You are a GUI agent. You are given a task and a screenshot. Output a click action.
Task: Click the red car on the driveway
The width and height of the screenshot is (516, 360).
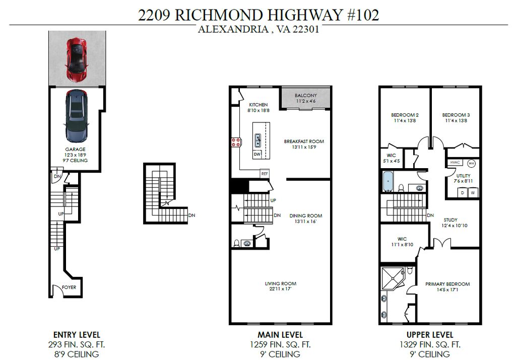pyautogui.click(x=76, y=60)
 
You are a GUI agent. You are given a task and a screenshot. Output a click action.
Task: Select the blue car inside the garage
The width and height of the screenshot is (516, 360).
pyautogui.click(x=76, y=116)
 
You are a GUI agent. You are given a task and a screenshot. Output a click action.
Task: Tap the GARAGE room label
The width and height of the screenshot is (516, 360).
pyautogui.click(x=75, y=149)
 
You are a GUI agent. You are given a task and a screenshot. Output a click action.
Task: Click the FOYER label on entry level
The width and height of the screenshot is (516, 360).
pyautogui.click(x=69, y=287)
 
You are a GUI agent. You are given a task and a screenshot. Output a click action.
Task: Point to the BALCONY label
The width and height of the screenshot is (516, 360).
pyautogui.click(x=305, y=95)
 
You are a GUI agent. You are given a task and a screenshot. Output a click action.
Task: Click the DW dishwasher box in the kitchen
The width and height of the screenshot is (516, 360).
pyautogui.click(x=257, y=154)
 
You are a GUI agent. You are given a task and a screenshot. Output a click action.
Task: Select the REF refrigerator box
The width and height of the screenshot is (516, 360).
pyautogui.click(x=265, y=173)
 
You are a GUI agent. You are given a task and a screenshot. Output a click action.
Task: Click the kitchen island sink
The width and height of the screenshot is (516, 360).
pyautogui.click(x=257, y=138)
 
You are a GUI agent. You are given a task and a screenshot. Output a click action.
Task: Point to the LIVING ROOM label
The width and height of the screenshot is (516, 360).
pyautogui.click(x=281, y=283)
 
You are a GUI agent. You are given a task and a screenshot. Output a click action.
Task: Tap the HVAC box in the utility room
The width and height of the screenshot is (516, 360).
pyautogui.click(x=455, y=163)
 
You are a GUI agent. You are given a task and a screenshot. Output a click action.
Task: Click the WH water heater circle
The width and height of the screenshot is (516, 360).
pyautogui.click(x=472, y=163)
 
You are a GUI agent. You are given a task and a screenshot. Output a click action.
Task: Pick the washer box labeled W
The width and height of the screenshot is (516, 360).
pyautogui.click(x=473, y=192)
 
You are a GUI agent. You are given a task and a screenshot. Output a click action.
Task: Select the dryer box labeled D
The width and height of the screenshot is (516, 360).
pyautogui.click(x=462, y=192)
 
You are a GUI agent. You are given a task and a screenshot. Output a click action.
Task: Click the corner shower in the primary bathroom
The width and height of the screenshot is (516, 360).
pyautogui.click(x=394, y=278)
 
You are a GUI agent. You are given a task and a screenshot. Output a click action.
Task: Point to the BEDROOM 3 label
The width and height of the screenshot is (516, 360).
pyautogui.click(x=456, y=115)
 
